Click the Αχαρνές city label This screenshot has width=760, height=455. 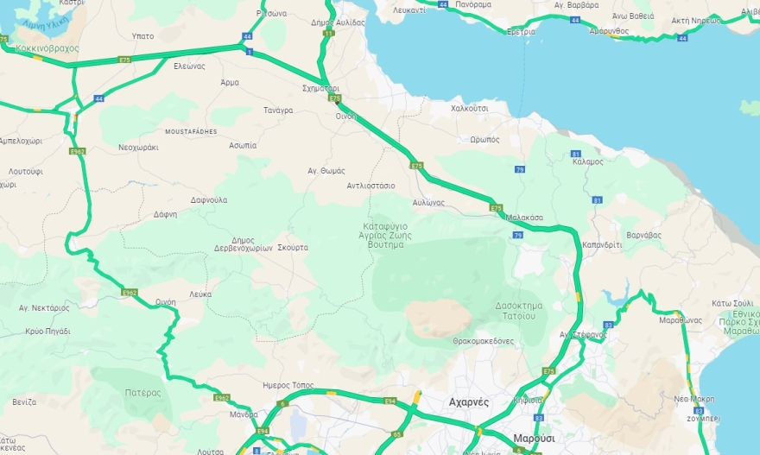tap(470, 402)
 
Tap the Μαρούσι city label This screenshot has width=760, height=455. tap(533, 438)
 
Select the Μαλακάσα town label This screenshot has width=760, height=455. tap(525, 218)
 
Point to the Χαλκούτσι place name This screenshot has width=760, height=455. tap(470, 109)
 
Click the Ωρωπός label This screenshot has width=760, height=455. tap(484, 139)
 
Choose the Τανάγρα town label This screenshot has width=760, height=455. tap(278, 111)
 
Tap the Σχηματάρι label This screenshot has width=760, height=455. tap(321, 88)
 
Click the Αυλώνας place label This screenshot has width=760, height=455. tap(428, 202)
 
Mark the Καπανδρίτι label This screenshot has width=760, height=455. tap(602, 244)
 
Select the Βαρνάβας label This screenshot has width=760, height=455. tap(643, 235)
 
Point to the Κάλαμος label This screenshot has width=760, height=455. tap(587, 161)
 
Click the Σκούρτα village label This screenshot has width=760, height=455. tap(293, 247)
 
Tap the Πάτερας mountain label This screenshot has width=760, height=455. tap(142, 392)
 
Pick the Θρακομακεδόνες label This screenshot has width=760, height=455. tap(483, 341)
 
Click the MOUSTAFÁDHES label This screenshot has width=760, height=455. tap(190, 131)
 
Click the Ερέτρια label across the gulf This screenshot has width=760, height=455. tap(521, 31)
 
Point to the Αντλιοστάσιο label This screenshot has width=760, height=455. tap(370, 186)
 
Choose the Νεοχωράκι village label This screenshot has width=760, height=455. tap(138, 148)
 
